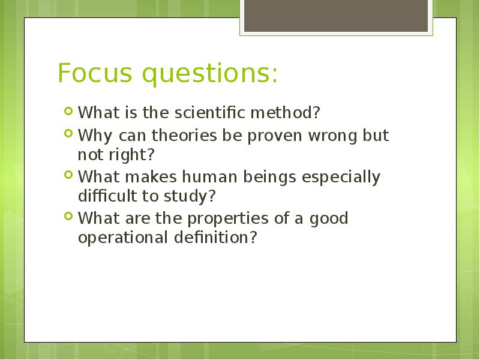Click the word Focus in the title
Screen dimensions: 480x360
(x=95, y=73)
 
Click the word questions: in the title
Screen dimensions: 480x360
(x=211, y=74)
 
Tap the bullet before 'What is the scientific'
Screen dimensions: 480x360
(x=68, y=111)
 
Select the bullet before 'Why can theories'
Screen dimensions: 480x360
(x=68, y=133)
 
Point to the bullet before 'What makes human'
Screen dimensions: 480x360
(x=68, y=175)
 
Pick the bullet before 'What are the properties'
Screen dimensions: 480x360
(x=68, y=217)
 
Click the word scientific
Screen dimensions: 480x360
(x=211, y=112)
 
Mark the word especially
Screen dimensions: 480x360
(x=341, y=178)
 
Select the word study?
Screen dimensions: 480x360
(x=190, y=197)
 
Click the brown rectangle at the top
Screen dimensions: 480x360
(x=336, y=16)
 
